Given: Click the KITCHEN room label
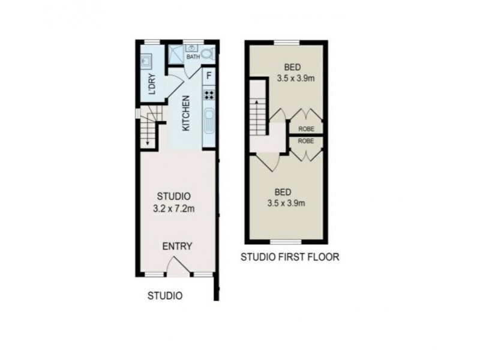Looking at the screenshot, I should [187, 116].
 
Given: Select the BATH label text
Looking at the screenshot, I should [193, 57].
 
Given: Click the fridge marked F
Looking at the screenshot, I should [209, 76].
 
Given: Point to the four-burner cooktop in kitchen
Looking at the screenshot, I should [209, 94].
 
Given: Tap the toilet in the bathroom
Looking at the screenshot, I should [208, 53].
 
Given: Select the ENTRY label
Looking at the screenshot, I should [176, 246].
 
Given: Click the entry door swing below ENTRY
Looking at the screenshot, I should [178, 266].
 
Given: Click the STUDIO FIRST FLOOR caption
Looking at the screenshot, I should [290, 258].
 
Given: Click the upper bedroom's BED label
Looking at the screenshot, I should [293, 66].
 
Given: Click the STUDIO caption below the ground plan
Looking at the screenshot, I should [165, 295].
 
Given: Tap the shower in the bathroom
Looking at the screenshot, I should [176, 53].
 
